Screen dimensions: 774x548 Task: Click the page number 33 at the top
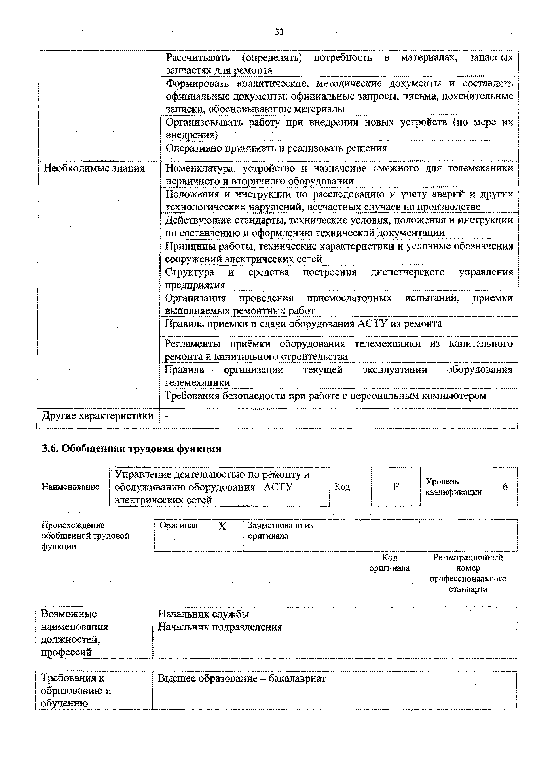279,32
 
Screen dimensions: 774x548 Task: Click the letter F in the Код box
396,487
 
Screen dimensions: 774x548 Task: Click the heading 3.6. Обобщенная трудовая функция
132,449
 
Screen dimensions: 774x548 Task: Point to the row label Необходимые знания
94,168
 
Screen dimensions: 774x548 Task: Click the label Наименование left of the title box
70,487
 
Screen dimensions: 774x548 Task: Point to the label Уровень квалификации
453,487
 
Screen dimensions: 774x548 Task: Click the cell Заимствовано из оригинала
280,531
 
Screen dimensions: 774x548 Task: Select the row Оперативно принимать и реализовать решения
276,148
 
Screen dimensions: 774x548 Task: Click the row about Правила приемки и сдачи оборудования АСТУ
303,324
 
